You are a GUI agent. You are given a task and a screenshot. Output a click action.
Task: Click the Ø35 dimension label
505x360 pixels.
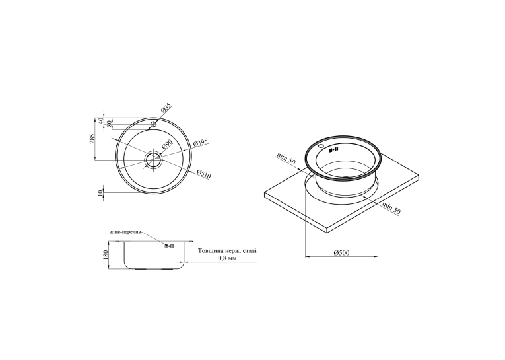click(x=166, y=108)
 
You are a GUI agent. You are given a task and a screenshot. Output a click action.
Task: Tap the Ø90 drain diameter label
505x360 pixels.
click(x=167, y=146)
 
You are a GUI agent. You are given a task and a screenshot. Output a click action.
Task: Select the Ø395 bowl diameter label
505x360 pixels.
click(x=201, y=143)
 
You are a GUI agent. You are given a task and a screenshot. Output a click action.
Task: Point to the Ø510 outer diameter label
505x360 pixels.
click(x=203, y=174)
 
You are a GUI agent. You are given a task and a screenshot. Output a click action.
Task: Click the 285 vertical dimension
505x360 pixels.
click(x=92, y=138)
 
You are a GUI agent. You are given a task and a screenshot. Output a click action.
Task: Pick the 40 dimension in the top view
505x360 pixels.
click(x=100, y=121)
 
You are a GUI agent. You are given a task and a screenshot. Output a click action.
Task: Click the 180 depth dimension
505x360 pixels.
click(x=106, y=255)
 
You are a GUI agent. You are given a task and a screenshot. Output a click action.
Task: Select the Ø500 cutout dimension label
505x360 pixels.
click(x=341, y=253)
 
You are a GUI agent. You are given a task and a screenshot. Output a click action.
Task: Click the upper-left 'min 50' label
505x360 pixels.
click(x=286, y=159)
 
